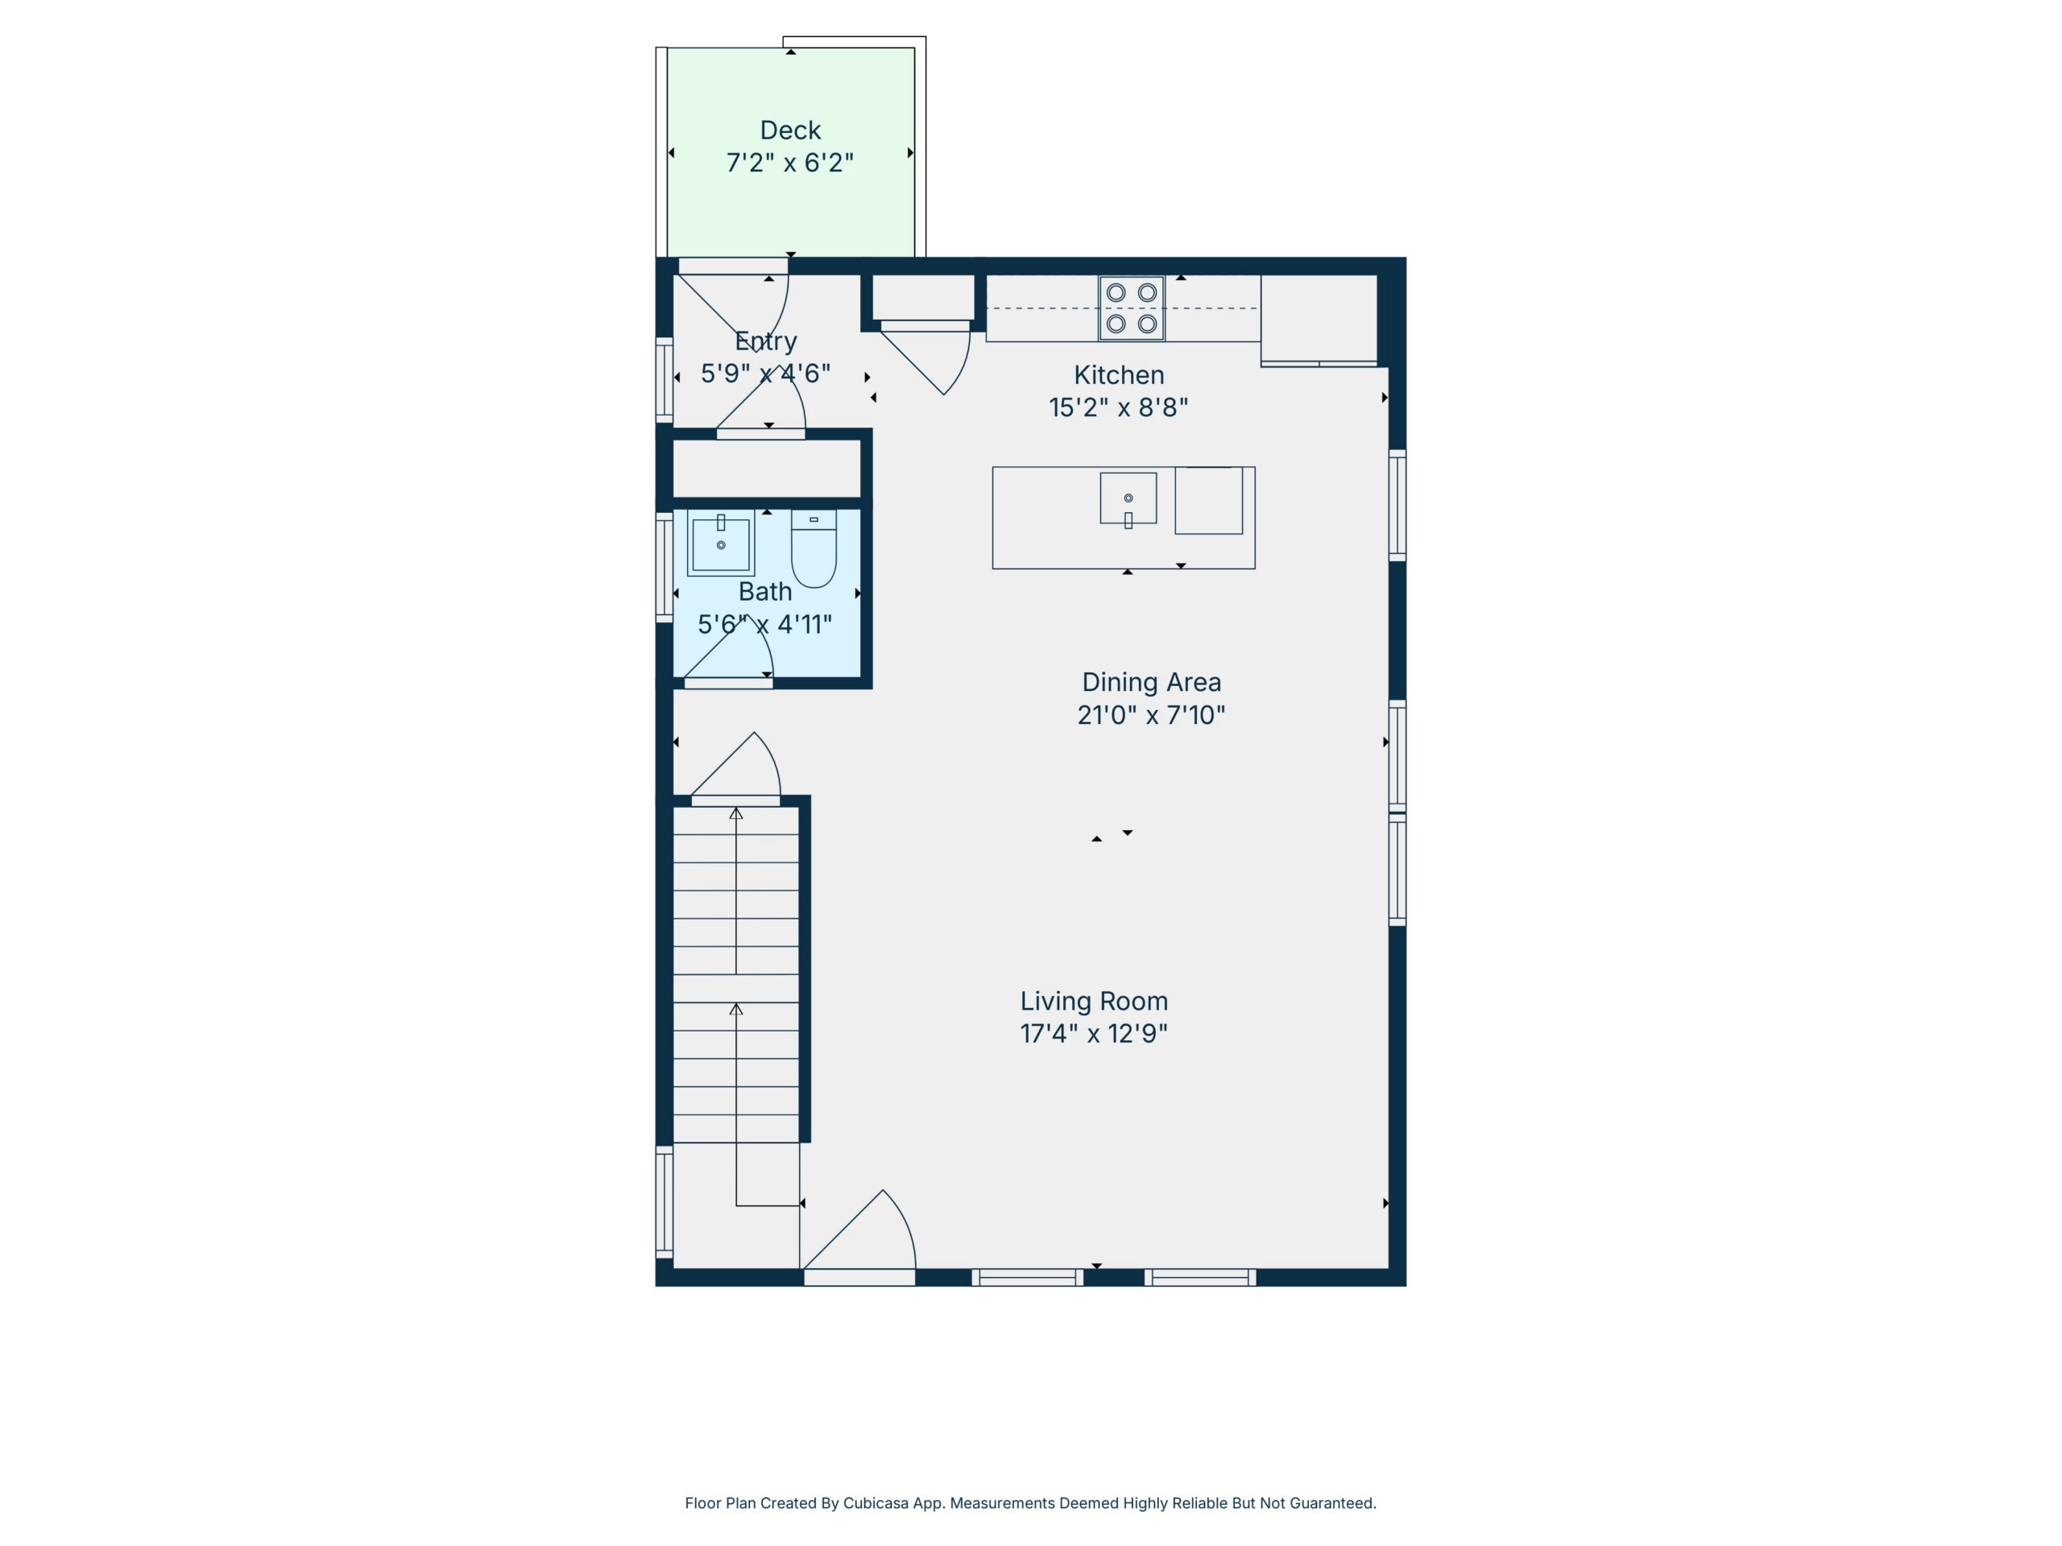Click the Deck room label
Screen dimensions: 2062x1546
coord(789,130)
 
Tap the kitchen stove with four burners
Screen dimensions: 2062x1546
coord(1131,308)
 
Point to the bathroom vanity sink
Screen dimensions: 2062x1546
coord(721,544)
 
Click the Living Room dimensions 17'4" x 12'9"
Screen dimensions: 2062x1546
coord(1094,1033)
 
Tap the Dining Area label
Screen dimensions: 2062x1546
coord(1151,682)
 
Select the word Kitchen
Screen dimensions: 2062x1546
coord(1119,374)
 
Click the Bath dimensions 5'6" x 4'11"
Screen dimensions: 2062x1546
coord(764,624)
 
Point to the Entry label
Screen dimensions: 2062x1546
coord(765,342)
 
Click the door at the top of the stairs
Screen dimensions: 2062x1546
coord(735,766)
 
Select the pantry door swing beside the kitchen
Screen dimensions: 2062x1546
coord(925,360)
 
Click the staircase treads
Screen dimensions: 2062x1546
coord(736,973)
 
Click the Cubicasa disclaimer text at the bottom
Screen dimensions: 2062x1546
coord(1030,1503)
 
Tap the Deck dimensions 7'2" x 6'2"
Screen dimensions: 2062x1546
coord(789,163)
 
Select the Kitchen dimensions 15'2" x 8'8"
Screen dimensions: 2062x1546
coord(1119,407)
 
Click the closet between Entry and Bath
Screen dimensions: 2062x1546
coord(766,469)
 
